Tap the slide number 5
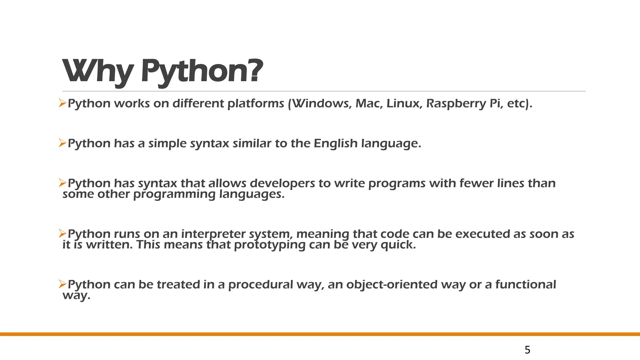point(527,350)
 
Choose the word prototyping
point(269,245)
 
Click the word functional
point(525,285)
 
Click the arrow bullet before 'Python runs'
point(62,233)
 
